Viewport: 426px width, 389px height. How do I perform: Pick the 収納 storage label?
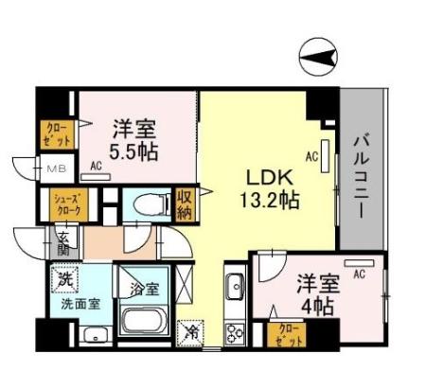[185, 204]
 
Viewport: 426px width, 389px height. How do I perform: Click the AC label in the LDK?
[311, 158]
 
